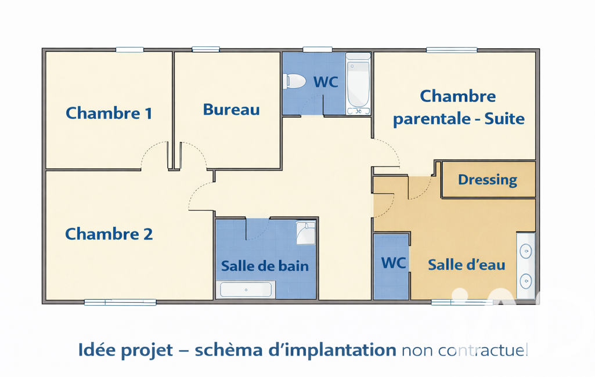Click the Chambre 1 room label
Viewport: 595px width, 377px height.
109,113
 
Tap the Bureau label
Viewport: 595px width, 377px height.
232,110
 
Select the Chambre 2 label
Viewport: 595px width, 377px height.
109,234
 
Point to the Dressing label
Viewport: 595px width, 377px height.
488,180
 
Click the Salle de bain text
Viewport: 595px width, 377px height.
265,266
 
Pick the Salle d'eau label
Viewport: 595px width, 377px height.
466,264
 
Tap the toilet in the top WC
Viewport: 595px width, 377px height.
294,81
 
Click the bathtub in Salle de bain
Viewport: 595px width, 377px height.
246,290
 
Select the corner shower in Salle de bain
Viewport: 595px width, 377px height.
305,233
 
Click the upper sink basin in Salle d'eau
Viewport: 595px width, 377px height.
525,251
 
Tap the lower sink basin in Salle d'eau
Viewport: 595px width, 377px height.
525,281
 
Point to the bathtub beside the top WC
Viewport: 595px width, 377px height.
358,84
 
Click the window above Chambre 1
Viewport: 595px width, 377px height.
130,50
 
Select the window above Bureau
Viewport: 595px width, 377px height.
205,49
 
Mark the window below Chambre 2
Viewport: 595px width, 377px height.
120,302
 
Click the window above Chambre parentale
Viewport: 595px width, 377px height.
452,50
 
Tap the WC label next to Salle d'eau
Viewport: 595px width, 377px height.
394,263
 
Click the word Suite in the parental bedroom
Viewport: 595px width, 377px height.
504,119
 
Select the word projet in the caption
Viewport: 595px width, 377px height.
147,350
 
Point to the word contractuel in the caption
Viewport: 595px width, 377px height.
483,350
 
